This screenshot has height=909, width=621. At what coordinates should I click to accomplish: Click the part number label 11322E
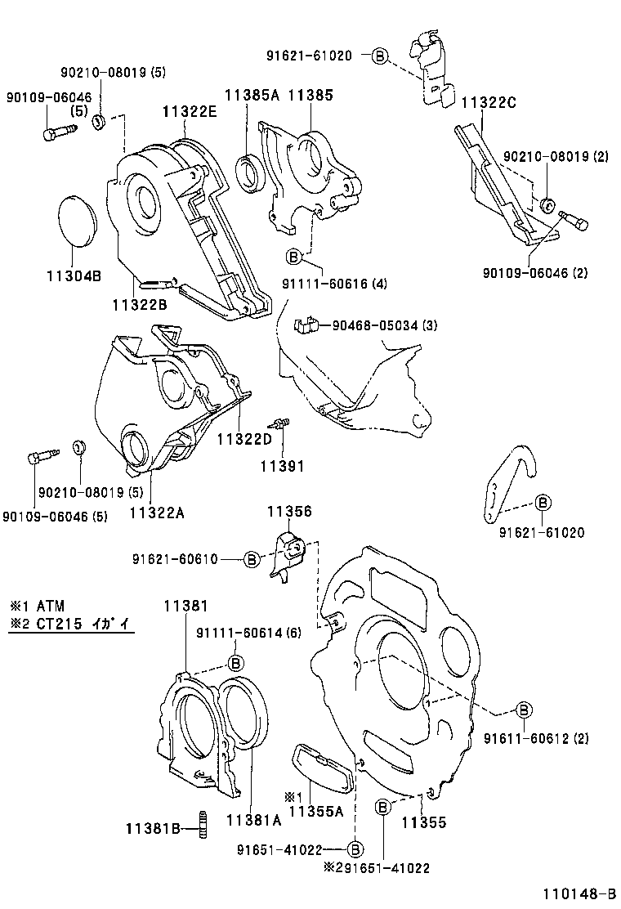pyautogui.click(x=189, y=112)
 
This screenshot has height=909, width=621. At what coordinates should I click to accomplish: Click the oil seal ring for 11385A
pyautogui.click(x=249, y=172)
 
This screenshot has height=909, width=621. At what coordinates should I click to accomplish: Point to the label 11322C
pyautogui.click(x=489, y=103)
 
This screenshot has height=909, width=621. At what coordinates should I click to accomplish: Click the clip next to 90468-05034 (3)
pyautogui.click(x=303, y=326)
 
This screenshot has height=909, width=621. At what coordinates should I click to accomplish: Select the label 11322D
pyautogui.click(x=243, y=439)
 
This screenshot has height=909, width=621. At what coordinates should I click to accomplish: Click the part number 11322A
pyautogui.click(x=156, y=513)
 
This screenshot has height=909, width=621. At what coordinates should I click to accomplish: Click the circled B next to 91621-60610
pyautogui.click(x=252, y=559)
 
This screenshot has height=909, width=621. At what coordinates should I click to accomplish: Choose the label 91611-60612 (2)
pyautogui.click(x=547, y=738)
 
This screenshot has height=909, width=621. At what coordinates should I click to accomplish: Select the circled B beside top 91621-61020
pyautogui.click(x=379, y=56)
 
